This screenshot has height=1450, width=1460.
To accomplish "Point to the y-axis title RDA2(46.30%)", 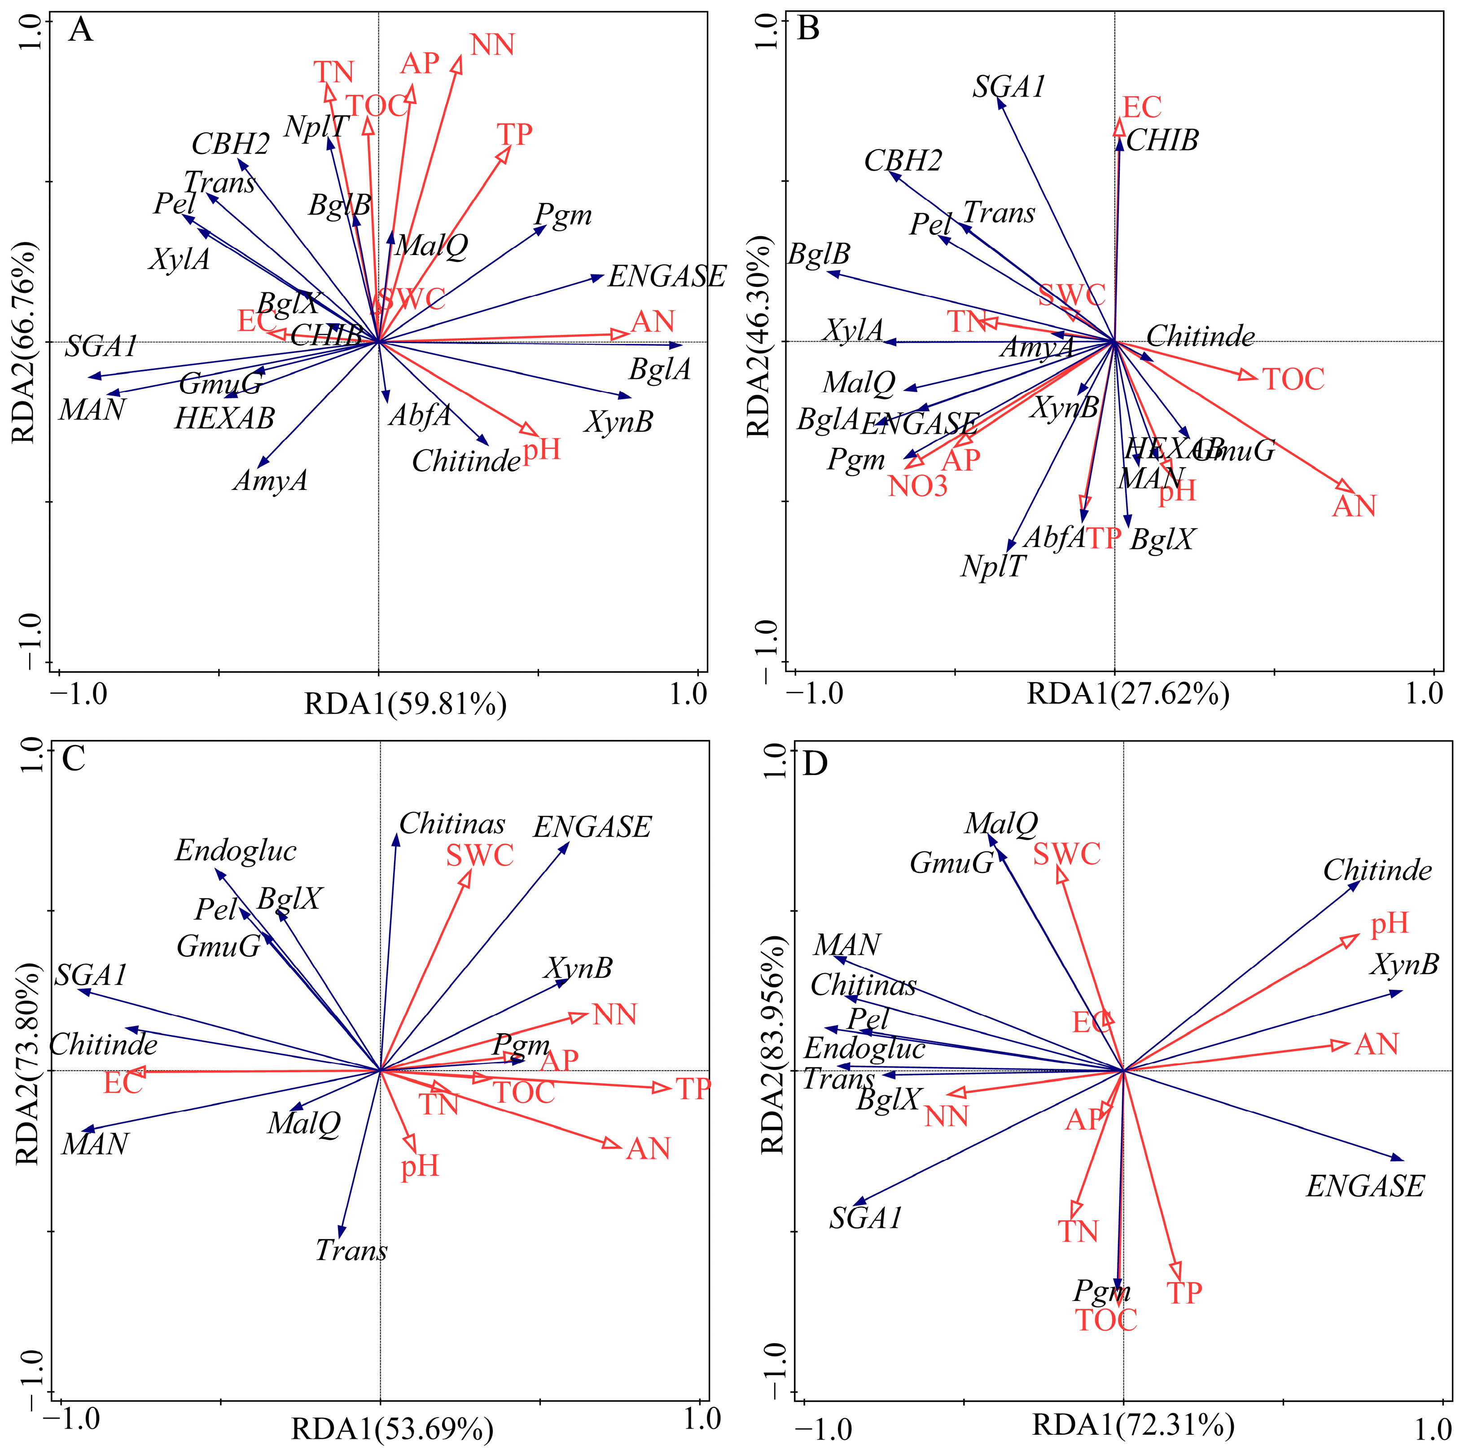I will point(758,338).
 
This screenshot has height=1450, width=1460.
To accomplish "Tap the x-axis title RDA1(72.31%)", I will point(1134,1424).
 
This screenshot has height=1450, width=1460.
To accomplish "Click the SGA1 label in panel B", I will point(1008,88).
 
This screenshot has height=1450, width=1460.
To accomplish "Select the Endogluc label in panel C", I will point(236,851).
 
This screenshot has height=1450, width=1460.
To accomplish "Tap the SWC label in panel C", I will point(480,855).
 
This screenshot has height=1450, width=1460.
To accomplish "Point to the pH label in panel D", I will point(1390,923).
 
